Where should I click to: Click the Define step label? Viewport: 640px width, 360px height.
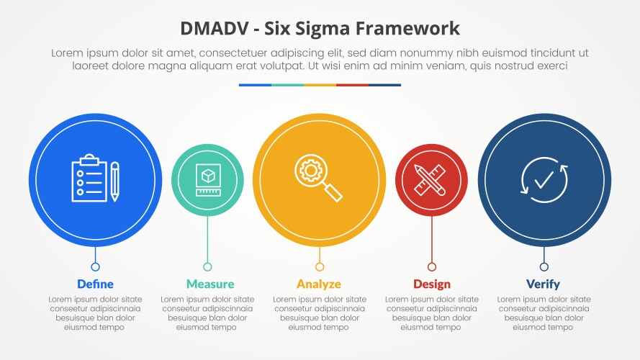(x=95, y=284)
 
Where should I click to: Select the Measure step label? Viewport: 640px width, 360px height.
(x=210, y=284)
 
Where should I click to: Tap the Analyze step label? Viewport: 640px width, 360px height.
(x=319, y=284)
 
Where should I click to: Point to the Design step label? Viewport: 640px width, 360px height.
(x=431, y=284)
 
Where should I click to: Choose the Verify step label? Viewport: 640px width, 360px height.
(x=543, y=284)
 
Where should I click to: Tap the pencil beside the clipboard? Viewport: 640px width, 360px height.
(x=114, y=181)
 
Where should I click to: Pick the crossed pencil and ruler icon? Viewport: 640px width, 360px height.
(x=431, y=180)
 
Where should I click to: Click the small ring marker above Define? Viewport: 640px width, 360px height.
(x=95, y=267)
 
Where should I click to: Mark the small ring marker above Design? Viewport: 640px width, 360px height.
(x=431, y=267)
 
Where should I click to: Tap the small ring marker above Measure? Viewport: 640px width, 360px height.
(x=207, y=267)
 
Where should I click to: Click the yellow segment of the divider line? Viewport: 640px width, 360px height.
(x=320, y=85)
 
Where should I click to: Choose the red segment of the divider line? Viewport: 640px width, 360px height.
(x=352, y=85)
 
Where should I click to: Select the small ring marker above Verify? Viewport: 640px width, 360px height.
(x=544, y=267)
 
